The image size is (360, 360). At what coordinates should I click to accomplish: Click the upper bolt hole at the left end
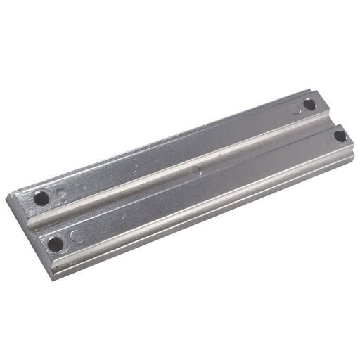pos(41,199)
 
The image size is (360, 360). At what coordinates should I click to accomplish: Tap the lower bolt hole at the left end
pos(55,243)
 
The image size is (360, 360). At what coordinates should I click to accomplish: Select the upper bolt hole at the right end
pos(309,105)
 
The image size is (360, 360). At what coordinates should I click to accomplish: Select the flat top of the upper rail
pos(176,154)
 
